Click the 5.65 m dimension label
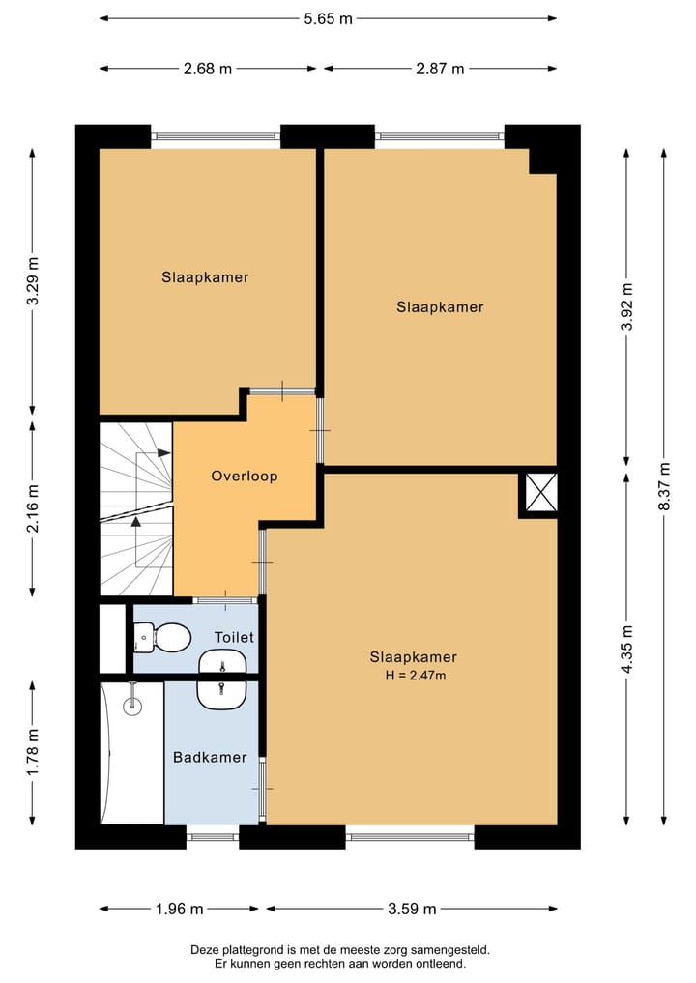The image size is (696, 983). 328,18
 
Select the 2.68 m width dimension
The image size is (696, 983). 208,69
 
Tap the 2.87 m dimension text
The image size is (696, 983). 440,69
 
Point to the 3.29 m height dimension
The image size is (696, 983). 33,281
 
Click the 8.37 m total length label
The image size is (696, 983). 665,486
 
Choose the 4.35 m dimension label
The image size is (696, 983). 627,649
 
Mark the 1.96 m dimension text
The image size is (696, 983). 180,909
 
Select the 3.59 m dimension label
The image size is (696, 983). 412,909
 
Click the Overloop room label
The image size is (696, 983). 245,476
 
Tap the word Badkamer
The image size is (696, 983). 210,758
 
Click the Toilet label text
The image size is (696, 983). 235,638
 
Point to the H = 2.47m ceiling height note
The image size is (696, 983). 416,676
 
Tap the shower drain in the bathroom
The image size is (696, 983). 132,707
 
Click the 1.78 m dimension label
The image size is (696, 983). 33,752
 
